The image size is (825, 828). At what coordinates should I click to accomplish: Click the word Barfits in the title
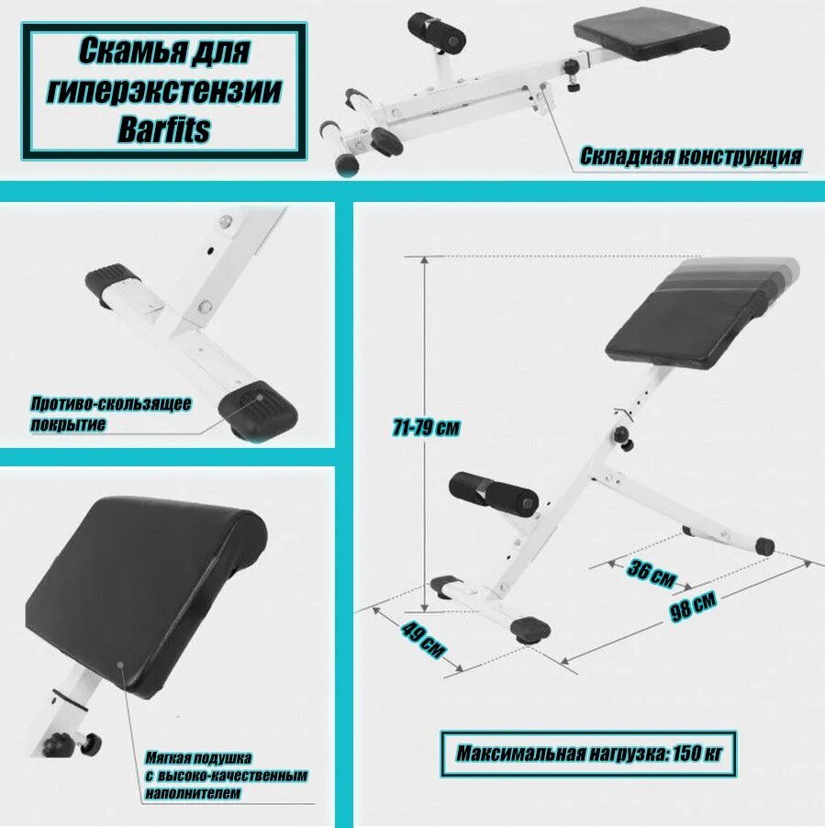click(x=164, y=129)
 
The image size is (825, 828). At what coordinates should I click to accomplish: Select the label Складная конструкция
click(x=690, y=157)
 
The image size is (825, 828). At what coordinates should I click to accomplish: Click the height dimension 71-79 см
click(x=425, y=428)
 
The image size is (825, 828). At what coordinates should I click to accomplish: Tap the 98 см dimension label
click(x=692, y=608)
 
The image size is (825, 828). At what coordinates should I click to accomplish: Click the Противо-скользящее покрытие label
click(x=111, y=414)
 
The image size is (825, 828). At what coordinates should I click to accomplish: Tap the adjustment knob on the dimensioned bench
click(x=625, y=438)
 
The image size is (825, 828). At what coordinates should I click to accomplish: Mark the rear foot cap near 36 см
click(x=764, y=546)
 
